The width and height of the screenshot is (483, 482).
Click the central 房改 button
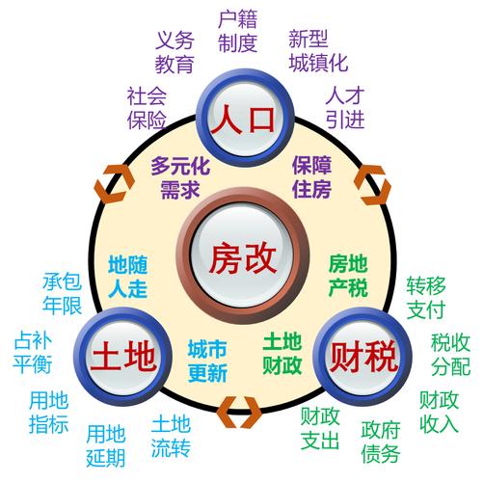pos(243,256)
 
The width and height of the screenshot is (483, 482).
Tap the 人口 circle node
pos(246,118)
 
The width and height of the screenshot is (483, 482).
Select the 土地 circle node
pos(123,356)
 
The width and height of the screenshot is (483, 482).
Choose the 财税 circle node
pos(363,356)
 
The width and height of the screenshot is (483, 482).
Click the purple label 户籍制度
pos(238,31)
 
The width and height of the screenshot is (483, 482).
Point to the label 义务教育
pos(174,52)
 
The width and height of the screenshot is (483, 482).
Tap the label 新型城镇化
pos(318,51)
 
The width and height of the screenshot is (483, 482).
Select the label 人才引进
pos(345,108)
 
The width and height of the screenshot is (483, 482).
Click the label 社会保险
pos(147,108)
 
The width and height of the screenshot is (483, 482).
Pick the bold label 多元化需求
pos(180,177)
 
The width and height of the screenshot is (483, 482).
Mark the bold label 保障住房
pos(311,177)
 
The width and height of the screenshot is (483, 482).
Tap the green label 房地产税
pos(348,276)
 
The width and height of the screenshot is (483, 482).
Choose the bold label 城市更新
pos(207,361)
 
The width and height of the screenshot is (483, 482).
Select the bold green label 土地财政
pos(282,354)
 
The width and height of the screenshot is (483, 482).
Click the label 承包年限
pos(62,294)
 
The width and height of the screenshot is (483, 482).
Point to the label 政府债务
pos(381,442)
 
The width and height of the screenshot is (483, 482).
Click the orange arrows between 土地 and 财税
pos(239,413)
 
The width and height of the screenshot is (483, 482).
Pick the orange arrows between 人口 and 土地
pos(115,184)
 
